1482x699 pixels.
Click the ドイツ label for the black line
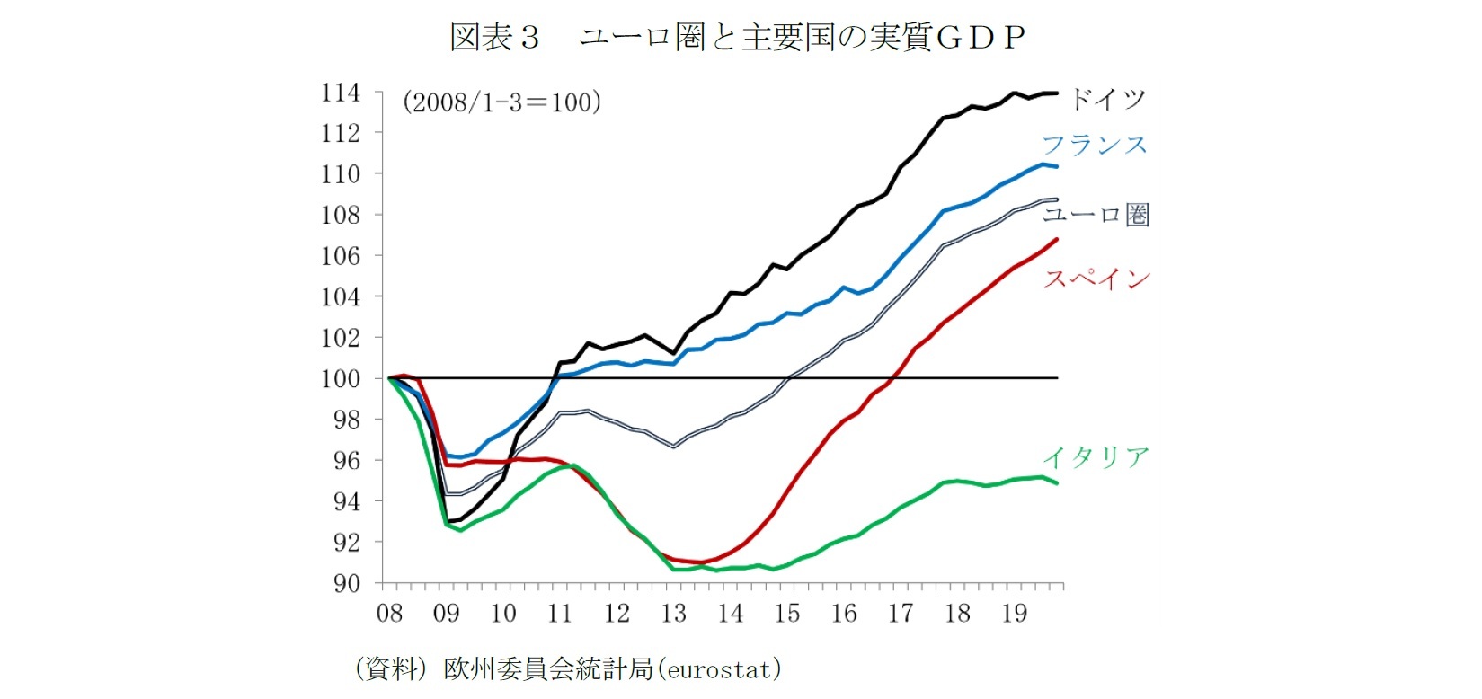point(1107,99)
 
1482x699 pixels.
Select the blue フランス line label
point(1095,146)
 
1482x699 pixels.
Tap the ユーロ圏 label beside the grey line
point(1096,215)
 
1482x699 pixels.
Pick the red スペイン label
point(1096,279)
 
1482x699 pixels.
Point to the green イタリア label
point(1096,457)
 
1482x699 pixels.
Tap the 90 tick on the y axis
point(347,583)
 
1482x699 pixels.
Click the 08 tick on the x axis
point(389,614)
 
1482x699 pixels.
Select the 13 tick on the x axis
point(673,614)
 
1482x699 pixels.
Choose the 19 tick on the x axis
point(1014,614)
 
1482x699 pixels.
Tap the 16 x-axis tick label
point(844,614)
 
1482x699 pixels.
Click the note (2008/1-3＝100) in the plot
point(501,102)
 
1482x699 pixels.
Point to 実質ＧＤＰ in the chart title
point(947,37)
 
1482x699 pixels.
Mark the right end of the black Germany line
point(1056,93)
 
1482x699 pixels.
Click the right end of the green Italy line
point(1056,483)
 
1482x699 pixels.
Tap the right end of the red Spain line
point(1056,239)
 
